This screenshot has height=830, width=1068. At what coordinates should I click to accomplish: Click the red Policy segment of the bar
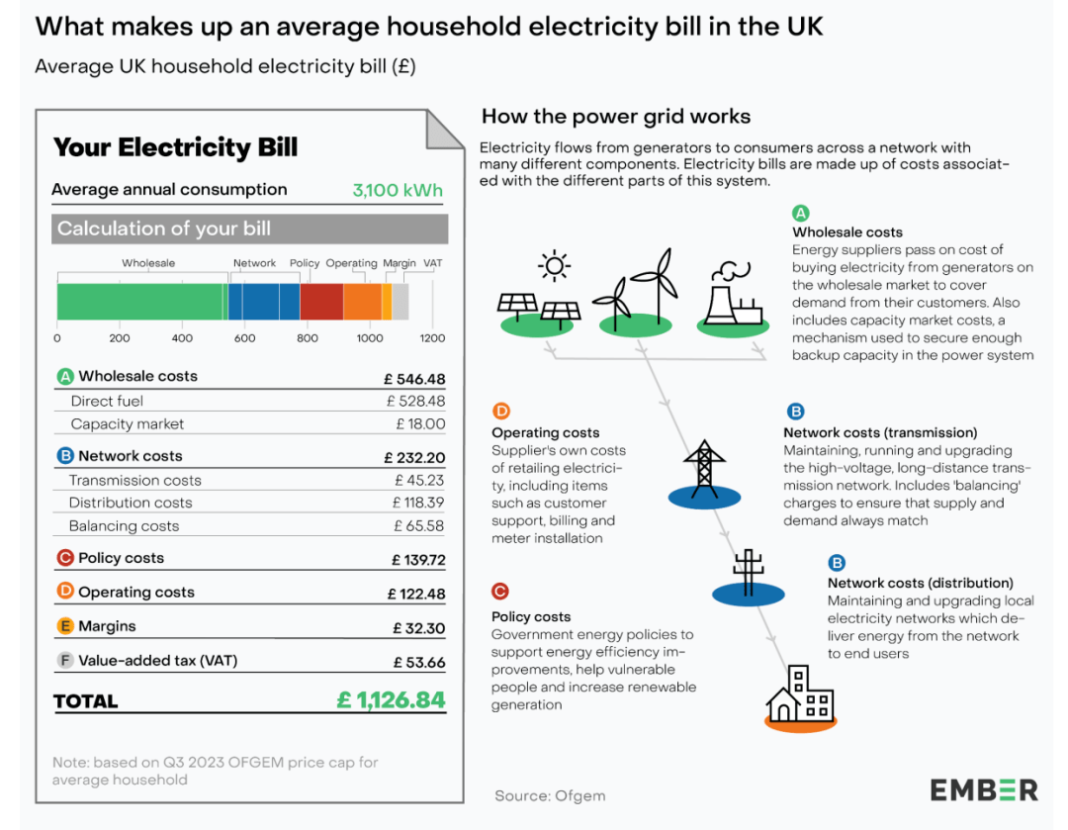coord(321,302)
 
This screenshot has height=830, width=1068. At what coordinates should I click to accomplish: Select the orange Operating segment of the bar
coord(362,302)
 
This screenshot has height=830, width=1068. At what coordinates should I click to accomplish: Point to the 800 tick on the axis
coord(308,338)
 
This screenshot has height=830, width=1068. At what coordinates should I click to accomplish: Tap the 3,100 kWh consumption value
coord(398,190)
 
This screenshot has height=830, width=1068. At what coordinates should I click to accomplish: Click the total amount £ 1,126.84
coord(391,699)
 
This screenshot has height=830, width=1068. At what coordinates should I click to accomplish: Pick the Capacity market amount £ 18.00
coord(421,423)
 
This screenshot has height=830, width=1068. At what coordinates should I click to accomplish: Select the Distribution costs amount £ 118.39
coord(418,503)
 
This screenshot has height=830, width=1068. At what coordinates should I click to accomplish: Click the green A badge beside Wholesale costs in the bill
coord(65,376)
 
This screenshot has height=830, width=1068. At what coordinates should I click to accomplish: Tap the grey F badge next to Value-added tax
coord(65,660)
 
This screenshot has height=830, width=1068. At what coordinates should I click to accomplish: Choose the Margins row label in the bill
coord(107,626)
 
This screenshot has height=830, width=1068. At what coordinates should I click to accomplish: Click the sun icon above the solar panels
coord(555,265)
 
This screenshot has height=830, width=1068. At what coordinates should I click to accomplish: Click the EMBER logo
coord(984,790)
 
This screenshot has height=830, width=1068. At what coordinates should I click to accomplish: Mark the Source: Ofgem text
coord(550,796)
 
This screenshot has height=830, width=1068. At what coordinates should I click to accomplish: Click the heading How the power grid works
coord(616,117)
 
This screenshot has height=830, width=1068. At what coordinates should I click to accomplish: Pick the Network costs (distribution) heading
coord(921,584)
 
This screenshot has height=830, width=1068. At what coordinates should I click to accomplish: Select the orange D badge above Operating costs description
coord(500,411)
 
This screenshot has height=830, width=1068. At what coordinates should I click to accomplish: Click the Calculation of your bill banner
coord(250,229)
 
